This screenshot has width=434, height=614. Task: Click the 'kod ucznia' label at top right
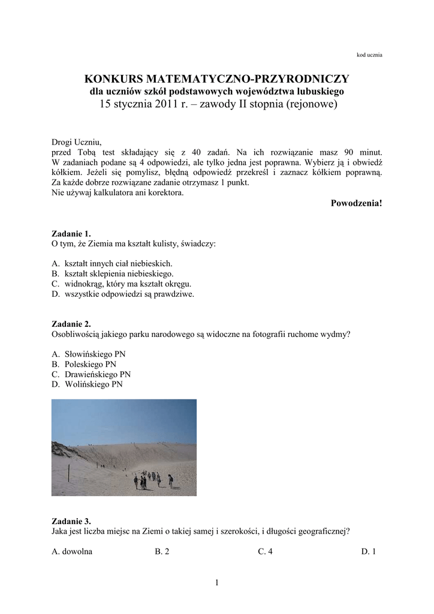[369, 55]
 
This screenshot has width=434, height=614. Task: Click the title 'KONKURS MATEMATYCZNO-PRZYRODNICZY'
[216, 79]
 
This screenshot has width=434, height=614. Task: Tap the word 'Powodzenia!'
[356, 203]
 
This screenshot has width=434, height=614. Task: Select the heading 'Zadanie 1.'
[71, 234]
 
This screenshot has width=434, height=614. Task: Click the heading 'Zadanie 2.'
[71, 324]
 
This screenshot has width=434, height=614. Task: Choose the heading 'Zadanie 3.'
[71, 521]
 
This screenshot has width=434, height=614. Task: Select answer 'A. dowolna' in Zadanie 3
[72, 551]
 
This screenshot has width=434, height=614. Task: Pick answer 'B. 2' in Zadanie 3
[162, 551]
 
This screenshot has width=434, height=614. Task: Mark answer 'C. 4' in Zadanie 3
[265, 551]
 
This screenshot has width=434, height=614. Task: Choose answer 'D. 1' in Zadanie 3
[368, 551]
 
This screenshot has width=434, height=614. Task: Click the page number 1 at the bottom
[217, 583]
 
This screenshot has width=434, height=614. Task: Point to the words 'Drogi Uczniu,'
[77, 142]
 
